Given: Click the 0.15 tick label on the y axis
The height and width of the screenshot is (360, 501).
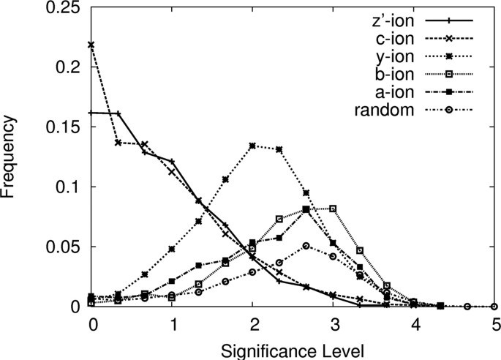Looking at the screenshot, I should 69,127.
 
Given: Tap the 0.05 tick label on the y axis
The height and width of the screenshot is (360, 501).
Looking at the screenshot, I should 69,247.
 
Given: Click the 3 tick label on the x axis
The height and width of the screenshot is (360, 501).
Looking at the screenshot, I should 334,323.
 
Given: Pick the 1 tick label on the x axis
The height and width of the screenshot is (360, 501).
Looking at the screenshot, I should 173,323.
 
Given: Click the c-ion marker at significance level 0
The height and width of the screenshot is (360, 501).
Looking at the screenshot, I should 92,45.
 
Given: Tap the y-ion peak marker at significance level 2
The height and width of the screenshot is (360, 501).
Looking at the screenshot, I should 253,146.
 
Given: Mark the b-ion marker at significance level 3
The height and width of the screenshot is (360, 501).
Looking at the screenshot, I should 334,209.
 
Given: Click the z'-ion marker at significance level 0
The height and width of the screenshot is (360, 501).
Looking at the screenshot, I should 92,113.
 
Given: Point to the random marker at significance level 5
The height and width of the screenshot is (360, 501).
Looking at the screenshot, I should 494,307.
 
